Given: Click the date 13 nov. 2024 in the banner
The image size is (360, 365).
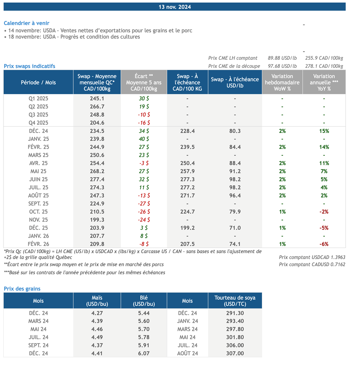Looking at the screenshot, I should (175, 7).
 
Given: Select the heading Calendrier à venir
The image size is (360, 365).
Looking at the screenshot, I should (26, 23).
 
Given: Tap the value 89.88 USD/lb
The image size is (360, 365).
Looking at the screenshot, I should (282, 58).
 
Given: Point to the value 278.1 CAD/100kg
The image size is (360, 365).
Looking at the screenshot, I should (324, 66).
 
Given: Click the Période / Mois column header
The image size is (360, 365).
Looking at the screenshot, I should (38, 83).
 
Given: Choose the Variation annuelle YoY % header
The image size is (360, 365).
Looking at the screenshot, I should (324, 83).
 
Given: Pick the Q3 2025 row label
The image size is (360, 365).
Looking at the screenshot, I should (38, 115).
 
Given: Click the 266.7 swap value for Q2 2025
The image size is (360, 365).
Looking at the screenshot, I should (97, 107).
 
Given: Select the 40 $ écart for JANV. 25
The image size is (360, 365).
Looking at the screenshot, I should (144, 139).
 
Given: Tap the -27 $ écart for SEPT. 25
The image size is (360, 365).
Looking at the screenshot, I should (144, 204).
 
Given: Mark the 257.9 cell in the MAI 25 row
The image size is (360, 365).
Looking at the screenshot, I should (187, 171).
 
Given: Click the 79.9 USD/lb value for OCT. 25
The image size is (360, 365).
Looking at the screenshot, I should (235, 212).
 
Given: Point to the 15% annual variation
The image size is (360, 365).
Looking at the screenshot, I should (324, 131).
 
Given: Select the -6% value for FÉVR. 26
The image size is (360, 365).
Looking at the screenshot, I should (324, 244).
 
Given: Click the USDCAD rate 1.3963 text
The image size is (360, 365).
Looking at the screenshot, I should (312, 258).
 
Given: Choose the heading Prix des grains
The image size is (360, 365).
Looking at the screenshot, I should (22, 289).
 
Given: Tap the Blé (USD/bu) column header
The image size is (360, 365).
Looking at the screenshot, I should (144, 301).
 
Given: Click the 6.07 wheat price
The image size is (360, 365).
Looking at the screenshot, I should (144, 353).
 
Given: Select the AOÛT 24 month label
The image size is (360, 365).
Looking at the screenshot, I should (187, 353).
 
